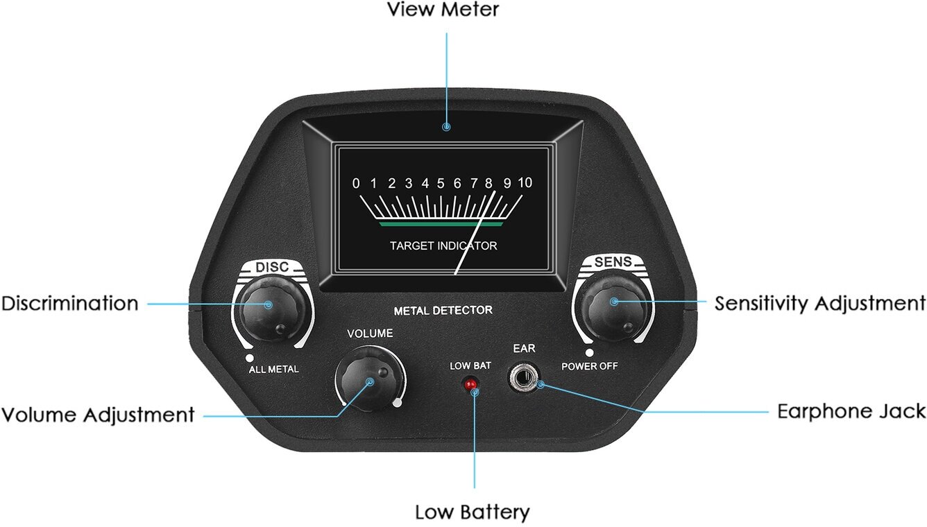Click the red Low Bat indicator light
tap(470, 385)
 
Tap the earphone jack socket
tap(524, 377)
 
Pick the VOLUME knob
tap(370, 379)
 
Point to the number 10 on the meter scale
tap(525, 183)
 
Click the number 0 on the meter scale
tap(356, 183)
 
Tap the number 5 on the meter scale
tap(441, 183)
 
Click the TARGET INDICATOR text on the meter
tap(443, 245)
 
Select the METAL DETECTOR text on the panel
tap(443, 311)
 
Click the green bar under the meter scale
tap(441, 224)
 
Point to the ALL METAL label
tap(273, 369)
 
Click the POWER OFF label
tap(589, 366)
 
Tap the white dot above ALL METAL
tap(250, 358)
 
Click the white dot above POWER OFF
tap(589, 353)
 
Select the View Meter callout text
tap(443, 10)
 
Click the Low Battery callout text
tap(473, 512)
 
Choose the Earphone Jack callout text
tap(851, 412)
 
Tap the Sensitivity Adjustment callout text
tap(820, 304)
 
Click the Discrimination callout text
tap(69, 303)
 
